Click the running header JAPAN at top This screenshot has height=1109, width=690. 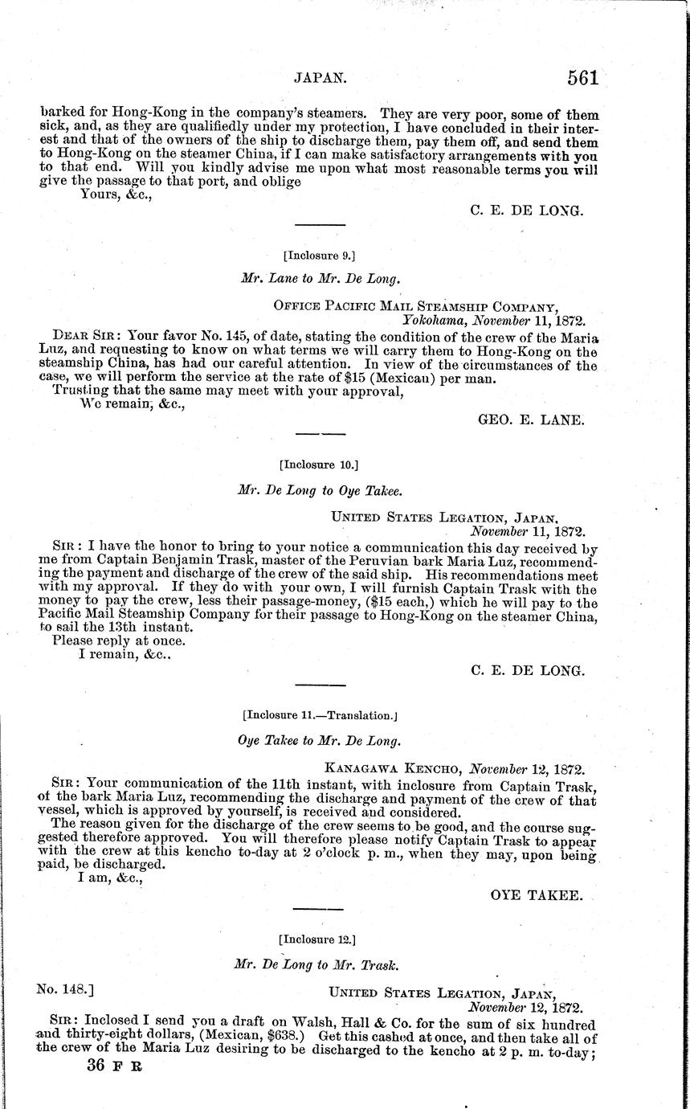[321, 78]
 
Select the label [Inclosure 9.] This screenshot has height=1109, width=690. [319, 256]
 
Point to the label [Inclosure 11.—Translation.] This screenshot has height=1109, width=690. [320, 714]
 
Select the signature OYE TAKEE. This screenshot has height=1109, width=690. [537, 894]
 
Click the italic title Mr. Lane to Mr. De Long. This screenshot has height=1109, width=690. [320, 279]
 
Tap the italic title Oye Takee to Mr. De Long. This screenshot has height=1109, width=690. [320, 740]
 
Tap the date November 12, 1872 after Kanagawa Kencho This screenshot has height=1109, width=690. [526, 767]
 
